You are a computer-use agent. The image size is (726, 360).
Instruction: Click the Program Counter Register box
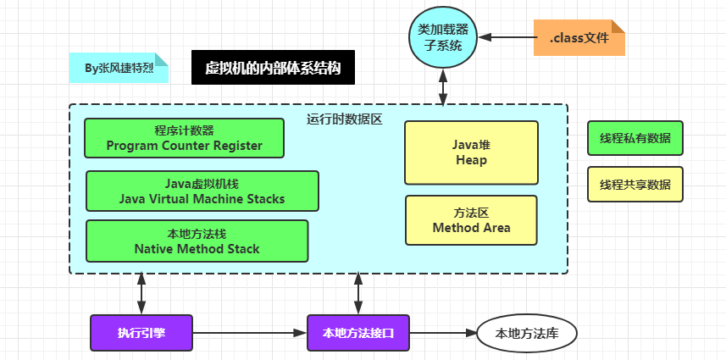pos(184,138)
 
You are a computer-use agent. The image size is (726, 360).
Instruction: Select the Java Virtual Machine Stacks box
pos(202,191)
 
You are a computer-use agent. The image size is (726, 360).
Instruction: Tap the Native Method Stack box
pos(197,241)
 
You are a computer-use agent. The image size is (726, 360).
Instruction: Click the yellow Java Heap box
pos(471,152)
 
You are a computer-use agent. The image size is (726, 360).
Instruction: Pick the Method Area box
pos(471,220)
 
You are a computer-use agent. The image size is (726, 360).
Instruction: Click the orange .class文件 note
pos(579,37)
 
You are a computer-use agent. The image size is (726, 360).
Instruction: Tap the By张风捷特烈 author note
pos(119,68)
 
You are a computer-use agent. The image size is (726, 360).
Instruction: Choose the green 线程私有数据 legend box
pos(635,138)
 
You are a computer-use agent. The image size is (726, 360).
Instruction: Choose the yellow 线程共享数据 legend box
pos(635,184)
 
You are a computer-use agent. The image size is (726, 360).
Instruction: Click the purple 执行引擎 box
pos(141,333)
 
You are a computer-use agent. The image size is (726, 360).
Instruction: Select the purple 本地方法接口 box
pos(358,333)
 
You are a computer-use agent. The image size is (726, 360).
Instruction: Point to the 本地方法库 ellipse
pos(526,333)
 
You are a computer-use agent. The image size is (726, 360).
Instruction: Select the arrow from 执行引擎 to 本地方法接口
pos(249,333)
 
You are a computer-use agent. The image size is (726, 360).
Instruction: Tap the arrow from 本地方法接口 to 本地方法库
pos(443,333)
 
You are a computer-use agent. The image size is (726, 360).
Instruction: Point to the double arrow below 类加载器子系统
pos(442,86)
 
